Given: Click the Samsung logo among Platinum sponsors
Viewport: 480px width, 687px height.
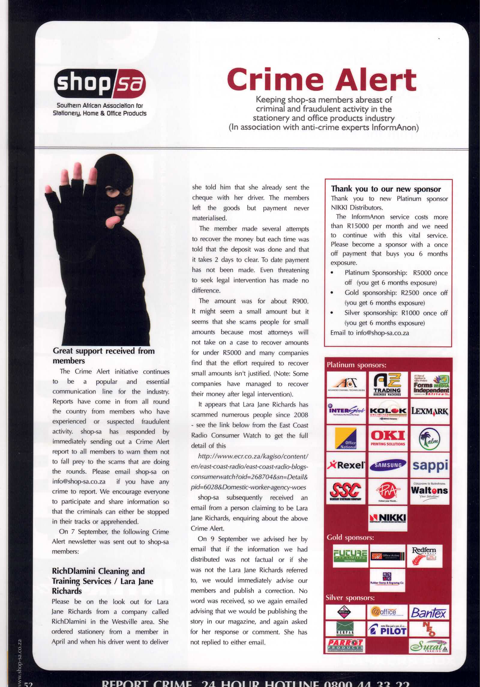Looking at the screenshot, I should coord(388,465).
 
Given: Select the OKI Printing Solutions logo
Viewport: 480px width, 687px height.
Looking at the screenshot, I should coord(388,438).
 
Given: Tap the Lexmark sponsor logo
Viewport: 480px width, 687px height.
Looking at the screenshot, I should coord(430,411).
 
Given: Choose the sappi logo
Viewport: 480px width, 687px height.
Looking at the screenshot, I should coord(430,465).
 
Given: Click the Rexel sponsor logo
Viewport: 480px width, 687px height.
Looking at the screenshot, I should coord(346,465).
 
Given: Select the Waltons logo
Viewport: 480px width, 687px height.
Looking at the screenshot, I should coord(430,491).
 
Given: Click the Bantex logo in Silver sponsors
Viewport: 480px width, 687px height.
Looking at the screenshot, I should coord(429,613).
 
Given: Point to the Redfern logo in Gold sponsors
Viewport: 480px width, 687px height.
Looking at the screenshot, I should coord(424,554).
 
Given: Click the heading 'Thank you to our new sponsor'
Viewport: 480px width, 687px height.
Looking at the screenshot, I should coord(386,189).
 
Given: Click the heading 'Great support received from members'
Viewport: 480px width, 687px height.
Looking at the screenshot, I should coord(103,356).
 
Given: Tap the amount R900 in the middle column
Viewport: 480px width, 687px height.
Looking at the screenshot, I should coord(300,301).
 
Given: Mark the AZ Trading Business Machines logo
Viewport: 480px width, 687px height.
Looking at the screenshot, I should coord(388,385).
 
